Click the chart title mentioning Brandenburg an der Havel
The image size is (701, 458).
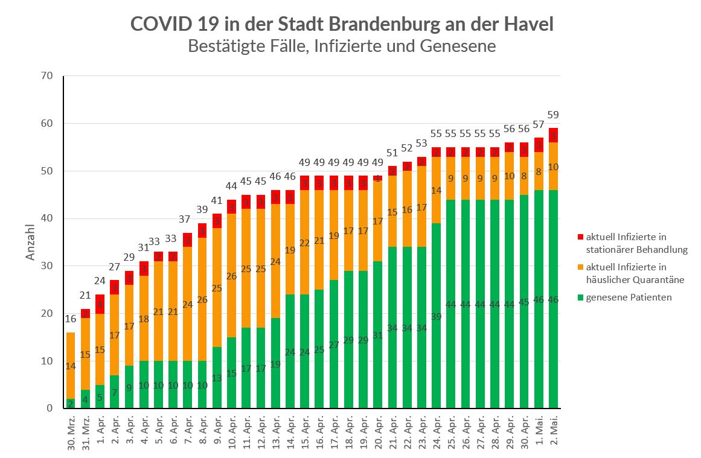pos(342,24)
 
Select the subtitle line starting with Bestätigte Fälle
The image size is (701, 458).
pos(342,46)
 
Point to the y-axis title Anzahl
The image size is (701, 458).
pos(31,242)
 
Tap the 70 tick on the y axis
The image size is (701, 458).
pos(47,76)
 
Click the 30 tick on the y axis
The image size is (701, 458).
pos(47,266)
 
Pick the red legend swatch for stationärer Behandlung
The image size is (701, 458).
pos(580,237)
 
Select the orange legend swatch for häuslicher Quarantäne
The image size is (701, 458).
pos(580,267)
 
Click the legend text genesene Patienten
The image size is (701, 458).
pos(629,297)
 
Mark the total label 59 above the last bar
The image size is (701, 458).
pos(553,115)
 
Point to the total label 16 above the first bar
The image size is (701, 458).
pos(71,319)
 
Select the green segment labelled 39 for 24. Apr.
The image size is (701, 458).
pos(437,316)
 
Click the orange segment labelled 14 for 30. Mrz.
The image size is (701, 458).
pos(71,366)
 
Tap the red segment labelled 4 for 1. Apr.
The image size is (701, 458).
pos(100,304)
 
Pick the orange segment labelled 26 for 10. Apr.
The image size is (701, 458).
pos(232,276)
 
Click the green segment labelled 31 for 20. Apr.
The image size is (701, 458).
pos(378,335)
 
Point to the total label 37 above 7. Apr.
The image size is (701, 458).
pos(188,220)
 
